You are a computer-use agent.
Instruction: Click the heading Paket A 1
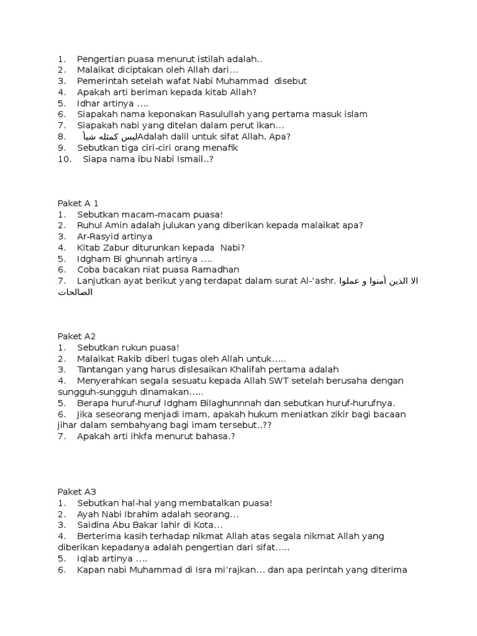[78, 203]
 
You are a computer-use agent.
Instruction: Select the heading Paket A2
[76, 336]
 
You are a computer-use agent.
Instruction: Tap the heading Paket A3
[76, 491]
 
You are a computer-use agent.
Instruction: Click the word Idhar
[89, 103]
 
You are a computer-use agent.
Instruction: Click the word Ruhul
[90, 225]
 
